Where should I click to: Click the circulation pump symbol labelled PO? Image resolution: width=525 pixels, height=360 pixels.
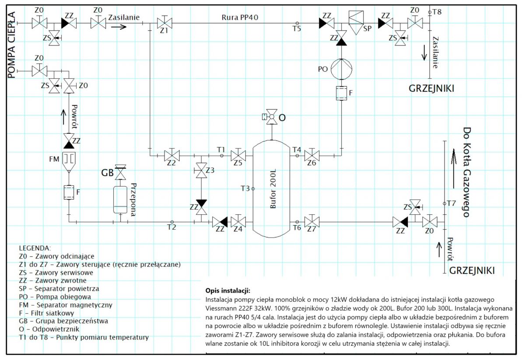(x=341, y=69)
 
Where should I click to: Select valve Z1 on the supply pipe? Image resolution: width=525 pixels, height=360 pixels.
(x=164, y=23)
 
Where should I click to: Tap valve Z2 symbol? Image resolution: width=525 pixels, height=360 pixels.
(x=172, y=155)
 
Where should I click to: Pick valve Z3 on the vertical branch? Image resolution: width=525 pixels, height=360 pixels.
(x=201, y=171)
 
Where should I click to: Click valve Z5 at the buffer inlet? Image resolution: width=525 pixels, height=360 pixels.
(x=238, y=155)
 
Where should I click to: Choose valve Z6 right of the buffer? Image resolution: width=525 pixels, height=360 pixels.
(x=311, y=155)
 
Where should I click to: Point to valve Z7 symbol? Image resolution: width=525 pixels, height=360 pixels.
(x=311, y=222)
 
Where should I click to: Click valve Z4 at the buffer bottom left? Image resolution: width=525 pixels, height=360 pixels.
(x=238, y=222)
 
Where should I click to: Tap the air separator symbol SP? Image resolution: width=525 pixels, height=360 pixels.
(x=356, y=22)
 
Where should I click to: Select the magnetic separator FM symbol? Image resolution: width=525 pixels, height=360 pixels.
(x=69, y=162)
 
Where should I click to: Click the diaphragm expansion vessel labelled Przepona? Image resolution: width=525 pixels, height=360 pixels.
(x=120, y=200)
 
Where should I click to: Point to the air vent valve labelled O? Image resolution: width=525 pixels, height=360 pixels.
(x=271, y=116)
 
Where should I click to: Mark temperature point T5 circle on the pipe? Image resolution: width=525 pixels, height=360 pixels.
(x=297, y=23)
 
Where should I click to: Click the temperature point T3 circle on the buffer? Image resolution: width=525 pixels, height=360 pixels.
(x=253, y=189)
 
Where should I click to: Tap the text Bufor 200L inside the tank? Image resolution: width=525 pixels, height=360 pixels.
(x=273, y=189)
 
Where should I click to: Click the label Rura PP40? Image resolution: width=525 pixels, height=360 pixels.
(x=240, y=17)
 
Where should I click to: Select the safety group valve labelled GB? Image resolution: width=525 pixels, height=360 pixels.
(x=120, y=172)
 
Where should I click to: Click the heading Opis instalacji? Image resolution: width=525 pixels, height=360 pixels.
(x=228, y=290)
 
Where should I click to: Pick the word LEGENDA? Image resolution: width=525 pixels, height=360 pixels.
(x=35, y=248)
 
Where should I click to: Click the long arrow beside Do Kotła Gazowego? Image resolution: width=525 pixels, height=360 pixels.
(x=454, y=169)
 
